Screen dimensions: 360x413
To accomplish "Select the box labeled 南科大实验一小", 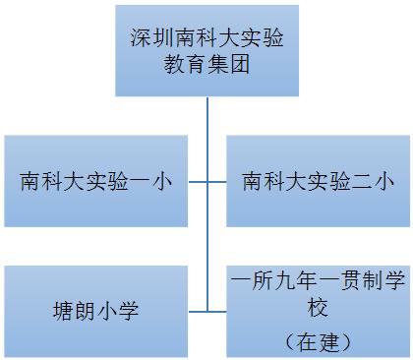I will [94, 182].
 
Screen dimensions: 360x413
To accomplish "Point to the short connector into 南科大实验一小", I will [198, 182].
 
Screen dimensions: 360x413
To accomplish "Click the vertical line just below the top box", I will [206, 113].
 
